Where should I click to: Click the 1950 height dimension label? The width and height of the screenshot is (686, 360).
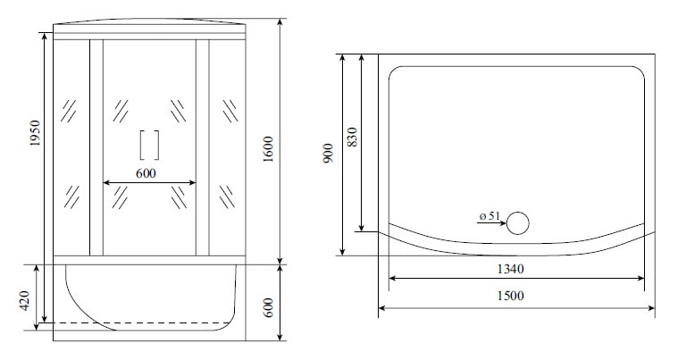pyautogui.click(x=35, y=133)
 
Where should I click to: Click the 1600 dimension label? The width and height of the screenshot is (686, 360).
pyautogui.click(x=268, y=149)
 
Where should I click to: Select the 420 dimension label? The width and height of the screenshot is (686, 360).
pyautogui.click(x=24, y=300)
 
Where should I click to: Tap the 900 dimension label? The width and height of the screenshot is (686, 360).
pyautogui.click(x=328, y=153)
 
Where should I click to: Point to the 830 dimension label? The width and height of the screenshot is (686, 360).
pyautogui.click(x=352, y=137)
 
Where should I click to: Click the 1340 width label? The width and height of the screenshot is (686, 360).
pyautogui.click(x=510, y=269)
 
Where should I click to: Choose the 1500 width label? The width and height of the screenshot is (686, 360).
pyautogui.click(x=510, y=297)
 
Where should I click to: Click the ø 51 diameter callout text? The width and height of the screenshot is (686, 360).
pyautogui.click(x=489, y=215)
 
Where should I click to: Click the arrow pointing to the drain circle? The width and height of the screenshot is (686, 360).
pyautogui.click(x=491, y=223)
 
